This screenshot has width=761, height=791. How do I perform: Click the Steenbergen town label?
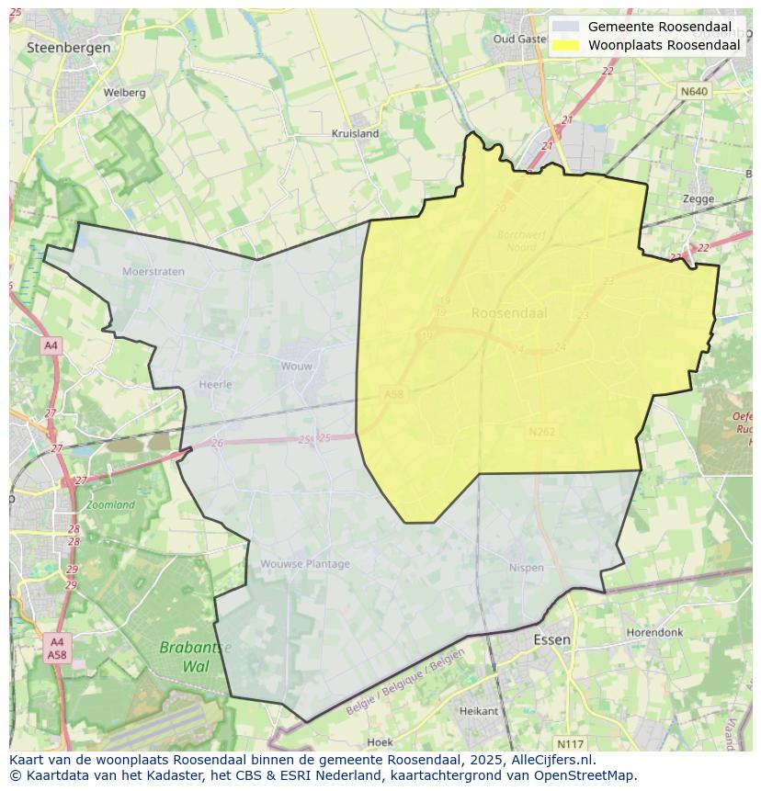[69, 47]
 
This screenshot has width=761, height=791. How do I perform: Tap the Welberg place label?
[124, 93]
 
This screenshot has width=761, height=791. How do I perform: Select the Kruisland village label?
[355, 133]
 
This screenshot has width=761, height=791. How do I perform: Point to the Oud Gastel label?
[519, 40]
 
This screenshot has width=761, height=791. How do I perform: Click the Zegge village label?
[699, 198]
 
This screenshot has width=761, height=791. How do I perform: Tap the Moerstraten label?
[153, 271]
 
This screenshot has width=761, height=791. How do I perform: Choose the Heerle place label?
[215, 385]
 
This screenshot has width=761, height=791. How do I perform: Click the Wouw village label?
[296, 366]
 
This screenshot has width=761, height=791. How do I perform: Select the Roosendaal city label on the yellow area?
[509, 312]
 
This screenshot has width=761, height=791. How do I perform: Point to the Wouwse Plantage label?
[304, 564]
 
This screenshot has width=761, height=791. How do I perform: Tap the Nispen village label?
[526, 568]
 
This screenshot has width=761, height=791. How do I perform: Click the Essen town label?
[551, 639]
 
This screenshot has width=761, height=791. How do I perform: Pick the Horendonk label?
[654, 633]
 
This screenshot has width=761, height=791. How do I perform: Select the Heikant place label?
[478, 711]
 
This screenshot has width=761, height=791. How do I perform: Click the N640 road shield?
[694, 92]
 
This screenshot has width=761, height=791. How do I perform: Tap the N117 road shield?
[570, 743]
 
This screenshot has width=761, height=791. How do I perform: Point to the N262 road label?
[541, 431]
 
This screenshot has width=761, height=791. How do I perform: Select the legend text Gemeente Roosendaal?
[660, 27]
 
